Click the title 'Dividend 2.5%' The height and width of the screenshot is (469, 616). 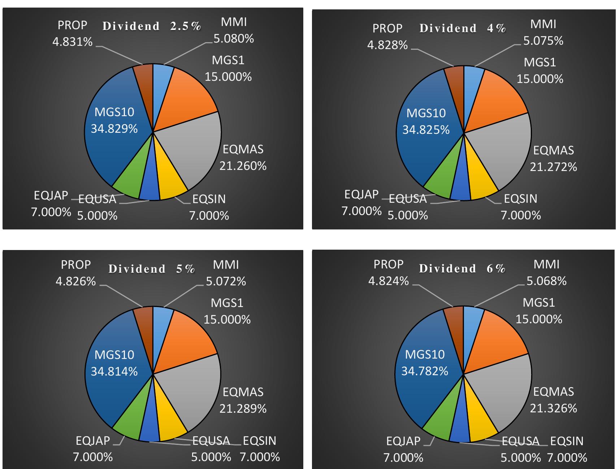pos(152,26)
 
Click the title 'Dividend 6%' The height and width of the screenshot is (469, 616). pos(462,268)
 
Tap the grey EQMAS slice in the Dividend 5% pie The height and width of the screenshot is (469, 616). pos(191,390)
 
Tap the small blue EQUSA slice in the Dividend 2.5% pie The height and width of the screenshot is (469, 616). pos(149,191)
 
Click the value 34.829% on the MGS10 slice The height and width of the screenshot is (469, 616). pos(114,129)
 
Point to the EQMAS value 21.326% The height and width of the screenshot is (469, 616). pos(553,408)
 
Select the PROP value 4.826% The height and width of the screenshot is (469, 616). pos(75,281)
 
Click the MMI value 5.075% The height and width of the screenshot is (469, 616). pos(543,41)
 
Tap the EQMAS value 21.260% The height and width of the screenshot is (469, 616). pos(243,166)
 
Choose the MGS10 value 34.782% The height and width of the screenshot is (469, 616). pos(425,371)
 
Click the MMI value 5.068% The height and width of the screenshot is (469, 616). pos(546,281)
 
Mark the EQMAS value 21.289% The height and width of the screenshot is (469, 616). pos(243,409)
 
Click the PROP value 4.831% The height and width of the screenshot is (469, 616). pos(72,42)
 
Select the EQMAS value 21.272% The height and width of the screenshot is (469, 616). pos(553,167)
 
